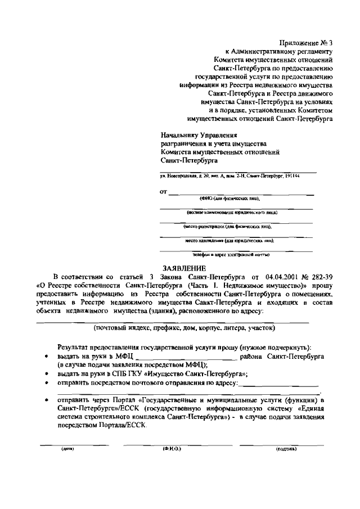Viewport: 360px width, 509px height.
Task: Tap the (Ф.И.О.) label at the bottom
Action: tap(171, 450)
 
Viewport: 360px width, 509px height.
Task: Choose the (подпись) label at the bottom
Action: tap(286, 450)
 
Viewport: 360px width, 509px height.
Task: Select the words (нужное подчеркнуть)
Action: tap(275, 348)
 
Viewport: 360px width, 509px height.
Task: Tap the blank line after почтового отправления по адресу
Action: tap(279, 385)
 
